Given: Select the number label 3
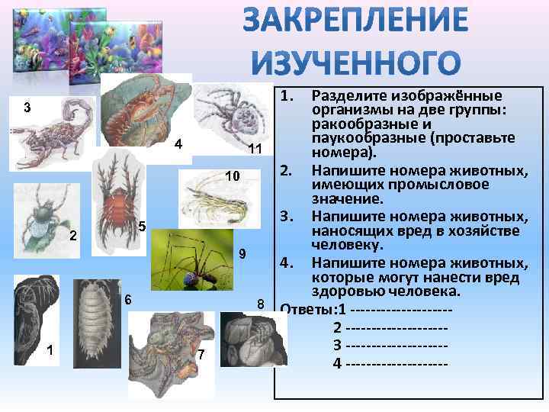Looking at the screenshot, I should click(x=27, y=107).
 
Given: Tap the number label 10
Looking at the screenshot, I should click(x=232, y=176).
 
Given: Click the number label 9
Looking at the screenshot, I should click(x=242, y=253).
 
